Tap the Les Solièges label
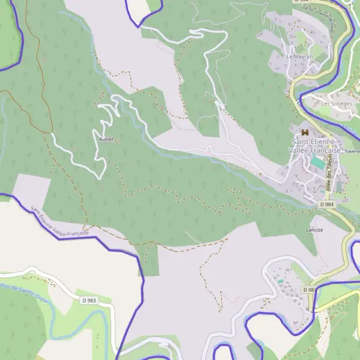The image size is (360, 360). coord(334,103)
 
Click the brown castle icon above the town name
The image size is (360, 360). coord(305,131)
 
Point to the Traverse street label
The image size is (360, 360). coord(351,152)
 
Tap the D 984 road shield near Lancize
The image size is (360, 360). coord(327,205)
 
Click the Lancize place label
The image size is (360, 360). coord(314,230)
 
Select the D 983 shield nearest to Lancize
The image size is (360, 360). coord(310,289)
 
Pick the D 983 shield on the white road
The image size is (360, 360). coord(89,300)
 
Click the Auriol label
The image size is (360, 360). coord(106,139)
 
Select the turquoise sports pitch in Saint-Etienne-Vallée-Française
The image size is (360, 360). coord(317,163)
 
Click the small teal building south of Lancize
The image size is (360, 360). coord(280,281)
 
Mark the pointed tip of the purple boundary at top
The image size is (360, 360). coord(139,26)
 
